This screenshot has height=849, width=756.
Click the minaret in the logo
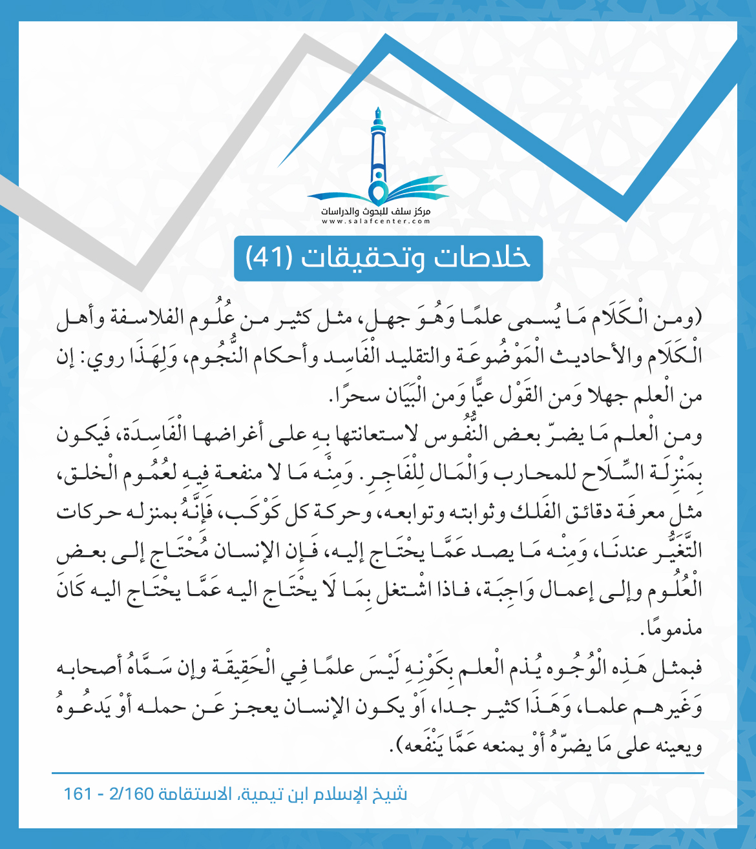[377, 152]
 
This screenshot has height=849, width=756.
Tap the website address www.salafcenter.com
[377, 221]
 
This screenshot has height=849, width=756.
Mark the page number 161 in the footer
[78, 793]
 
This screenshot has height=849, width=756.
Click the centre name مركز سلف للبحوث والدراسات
[377, 212]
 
